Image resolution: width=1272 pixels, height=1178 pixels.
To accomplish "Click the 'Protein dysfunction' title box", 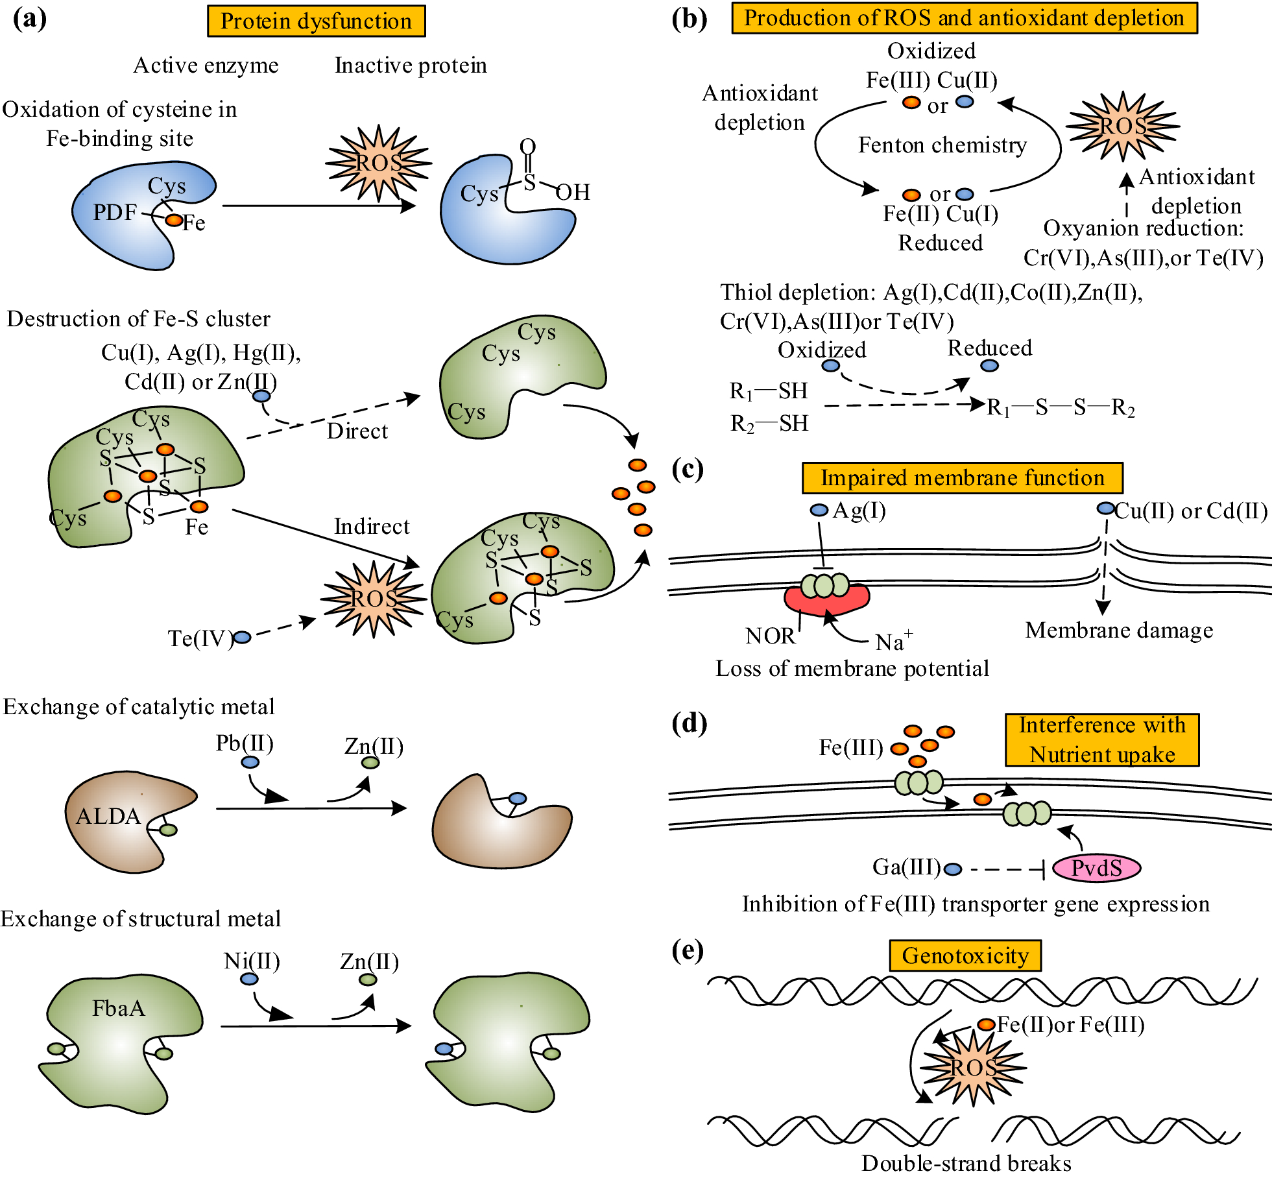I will (316, 21).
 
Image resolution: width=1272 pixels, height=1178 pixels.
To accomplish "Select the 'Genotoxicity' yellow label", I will (965, 956).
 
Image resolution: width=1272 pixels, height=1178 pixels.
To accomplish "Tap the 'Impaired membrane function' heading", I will (962, 478).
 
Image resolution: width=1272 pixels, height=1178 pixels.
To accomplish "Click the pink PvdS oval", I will (1096, 868).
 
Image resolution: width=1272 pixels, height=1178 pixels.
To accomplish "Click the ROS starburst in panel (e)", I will (973, 1067).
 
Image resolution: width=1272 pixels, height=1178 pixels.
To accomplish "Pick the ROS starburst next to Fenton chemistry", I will (1123, 126).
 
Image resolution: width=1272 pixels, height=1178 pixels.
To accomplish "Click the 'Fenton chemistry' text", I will (942, 145).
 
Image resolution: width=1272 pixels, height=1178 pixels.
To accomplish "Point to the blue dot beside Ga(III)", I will (953, 869).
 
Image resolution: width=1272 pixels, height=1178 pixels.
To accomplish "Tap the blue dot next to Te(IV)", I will (242, 638).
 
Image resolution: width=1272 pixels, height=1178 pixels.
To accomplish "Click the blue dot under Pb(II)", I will (250, 762).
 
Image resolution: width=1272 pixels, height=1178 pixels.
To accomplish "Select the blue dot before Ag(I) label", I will (819, 511).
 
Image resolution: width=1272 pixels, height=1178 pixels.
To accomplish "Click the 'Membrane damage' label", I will (1119, 631).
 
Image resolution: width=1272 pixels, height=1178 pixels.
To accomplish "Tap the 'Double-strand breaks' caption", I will (966, 1163).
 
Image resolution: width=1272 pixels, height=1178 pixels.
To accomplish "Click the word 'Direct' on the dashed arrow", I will (357, 431).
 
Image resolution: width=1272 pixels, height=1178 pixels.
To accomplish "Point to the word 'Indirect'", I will (372, 527).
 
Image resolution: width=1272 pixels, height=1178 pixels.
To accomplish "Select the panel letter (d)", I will (690, 723).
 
